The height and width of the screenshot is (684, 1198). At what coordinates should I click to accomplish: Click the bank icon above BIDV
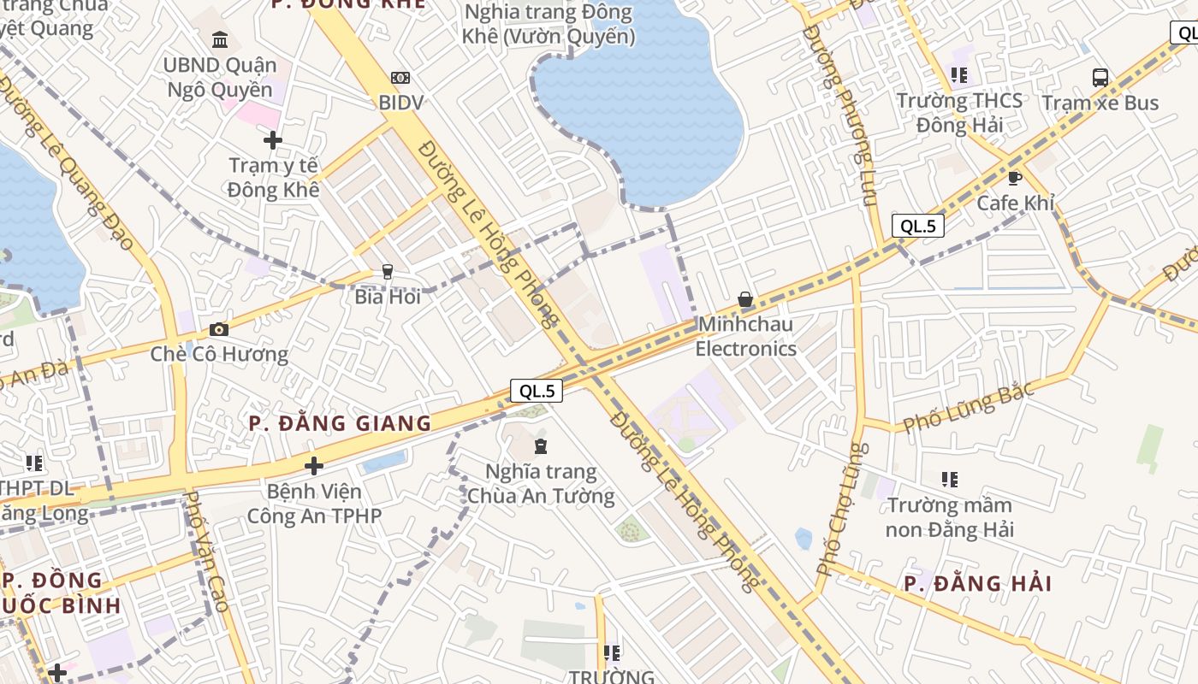[400, 78]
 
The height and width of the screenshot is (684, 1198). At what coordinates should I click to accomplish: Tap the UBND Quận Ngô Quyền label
[220, 77]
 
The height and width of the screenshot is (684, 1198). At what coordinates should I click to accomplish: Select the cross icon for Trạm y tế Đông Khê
[273, 139]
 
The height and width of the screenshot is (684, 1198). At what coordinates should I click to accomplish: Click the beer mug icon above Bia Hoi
[388, 272]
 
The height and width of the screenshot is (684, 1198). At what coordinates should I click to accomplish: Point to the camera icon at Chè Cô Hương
[219, 329]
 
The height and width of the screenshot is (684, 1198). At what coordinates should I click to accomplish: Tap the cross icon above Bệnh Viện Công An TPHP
[314, 466]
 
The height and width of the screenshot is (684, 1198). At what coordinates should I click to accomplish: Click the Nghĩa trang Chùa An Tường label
[541, 483]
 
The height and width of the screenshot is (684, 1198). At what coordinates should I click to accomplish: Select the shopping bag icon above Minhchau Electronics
[745, 299]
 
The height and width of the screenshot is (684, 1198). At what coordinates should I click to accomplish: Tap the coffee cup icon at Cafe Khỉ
[1015, 178]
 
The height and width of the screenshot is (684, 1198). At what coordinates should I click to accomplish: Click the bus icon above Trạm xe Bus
[1100, 78]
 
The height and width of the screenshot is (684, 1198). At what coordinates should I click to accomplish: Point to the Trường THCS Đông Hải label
[959, 113]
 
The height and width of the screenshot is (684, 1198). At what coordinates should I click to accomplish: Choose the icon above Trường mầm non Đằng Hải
[949, 480]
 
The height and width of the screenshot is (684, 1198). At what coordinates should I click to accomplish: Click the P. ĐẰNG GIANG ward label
[340, 423]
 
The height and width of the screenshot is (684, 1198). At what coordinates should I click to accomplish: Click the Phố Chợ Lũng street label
[842, 509]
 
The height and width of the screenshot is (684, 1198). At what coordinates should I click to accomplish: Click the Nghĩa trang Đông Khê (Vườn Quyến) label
[548, 25]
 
